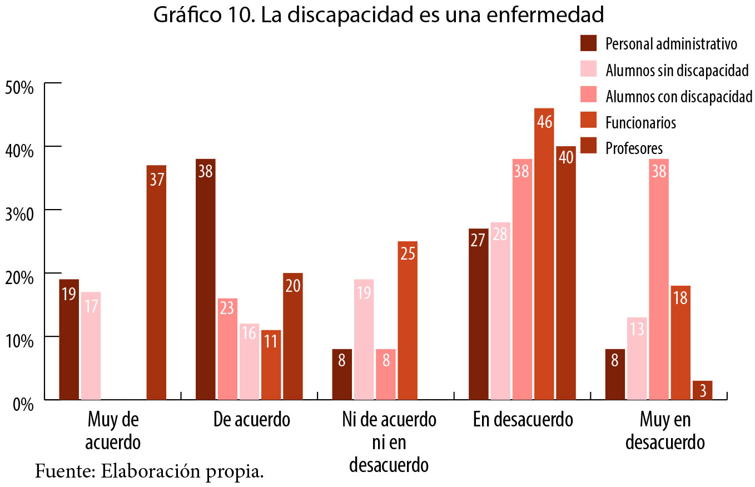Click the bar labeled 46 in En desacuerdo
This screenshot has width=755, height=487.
[544, 254]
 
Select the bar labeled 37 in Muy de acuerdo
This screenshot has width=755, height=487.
[156, 282]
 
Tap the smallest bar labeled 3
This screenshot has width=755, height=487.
[702, 390]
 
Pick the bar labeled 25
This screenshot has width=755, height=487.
[408, 320]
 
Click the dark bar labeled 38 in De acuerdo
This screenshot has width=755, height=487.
[205, 279]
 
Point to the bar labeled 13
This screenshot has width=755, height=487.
[637, 358]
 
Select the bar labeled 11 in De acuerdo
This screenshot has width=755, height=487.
[271, 365]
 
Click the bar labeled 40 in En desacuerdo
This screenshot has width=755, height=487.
[566, 272]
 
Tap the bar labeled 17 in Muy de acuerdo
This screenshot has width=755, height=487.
[91, 345]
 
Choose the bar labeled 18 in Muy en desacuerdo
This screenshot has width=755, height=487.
[681, 342]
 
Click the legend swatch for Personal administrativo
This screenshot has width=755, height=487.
[588, 43]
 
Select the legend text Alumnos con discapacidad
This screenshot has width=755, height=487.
[678, 96]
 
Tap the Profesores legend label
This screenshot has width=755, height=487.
[634, 148]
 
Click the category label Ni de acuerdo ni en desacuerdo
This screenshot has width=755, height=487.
[389, 443]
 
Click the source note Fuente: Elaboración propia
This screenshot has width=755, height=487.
[149, 471]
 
